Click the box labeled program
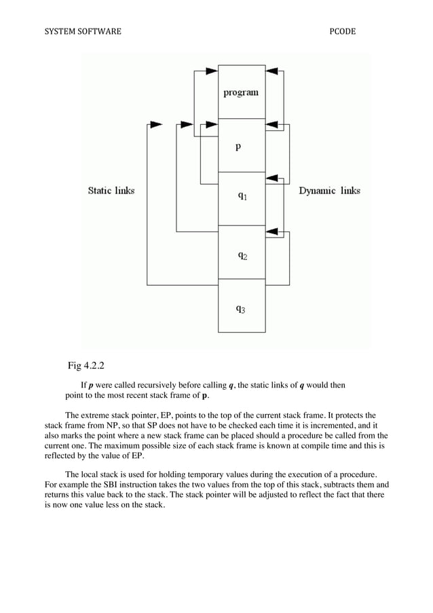tap(241, 92)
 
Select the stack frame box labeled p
tap(241, 145)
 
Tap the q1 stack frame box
tap(241, 198)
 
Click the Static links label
tap(111, 191)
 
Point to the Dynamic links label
tap(329, 191)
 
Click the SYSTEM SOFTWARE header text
tap(81, 31)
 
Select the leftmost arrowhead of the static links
tap(155, 125)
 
